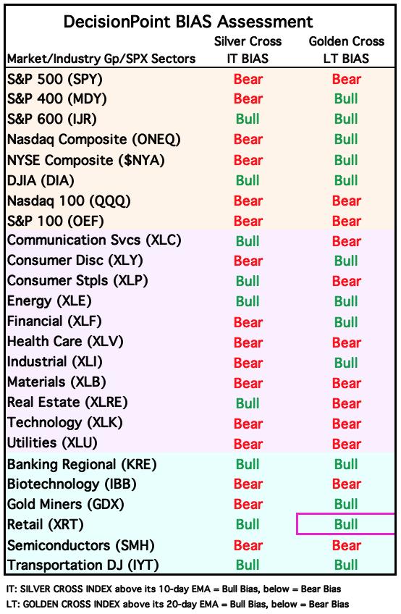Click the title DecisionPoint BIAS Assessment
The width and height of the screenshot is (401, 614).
(188, 22)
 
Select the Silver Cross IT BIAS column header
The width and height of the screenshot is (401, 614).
(248, 50)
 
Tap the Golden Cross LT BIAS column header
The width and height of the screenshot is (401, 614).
(347, 50)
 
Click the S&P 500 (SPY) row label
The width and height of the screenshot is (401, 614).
(55, 80)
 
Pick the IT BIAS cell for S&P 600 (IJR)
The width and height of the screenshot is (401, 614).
(248, 119)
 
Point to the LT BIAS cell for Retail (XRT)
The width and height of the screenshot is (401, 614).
(346, 524)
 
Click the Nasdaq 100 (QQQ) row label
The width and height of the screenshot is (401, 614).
(69, 201)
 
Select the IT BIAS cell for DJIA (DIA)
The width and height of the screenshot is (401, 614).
(248, 180)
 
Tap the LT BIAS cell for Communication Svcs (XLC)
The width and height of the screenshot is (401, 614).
(347, 241)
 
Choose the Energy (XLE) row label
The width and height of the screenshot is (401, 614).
(49, 301)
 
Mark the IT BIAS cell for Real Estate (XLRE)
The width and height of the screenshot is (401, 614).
(248, 403)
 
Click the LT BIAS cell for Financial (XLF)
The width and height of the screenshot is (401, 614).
(346, 322)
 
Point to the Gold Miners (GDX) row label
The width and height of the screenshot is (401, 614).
(66, 505)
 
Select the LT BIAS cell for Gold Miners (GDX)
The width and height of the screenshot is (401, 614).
(346, 505)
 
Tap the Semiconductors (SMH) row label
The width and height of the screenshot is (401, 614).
(81, 545)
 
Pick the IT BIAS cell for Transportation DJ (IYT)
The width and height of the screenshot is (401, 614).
(248, 565)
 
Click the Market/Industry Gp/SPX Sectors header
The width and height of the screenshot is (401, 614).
(101, 59)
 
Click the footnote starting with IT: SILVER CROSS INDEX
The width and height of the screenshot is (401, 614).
(174, 589)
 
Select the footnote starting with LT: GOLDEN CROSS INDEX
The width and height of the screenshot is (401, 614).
(178, 604)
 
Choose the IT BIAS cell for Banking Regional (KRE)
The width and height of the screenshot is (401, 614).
(248, 464)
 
